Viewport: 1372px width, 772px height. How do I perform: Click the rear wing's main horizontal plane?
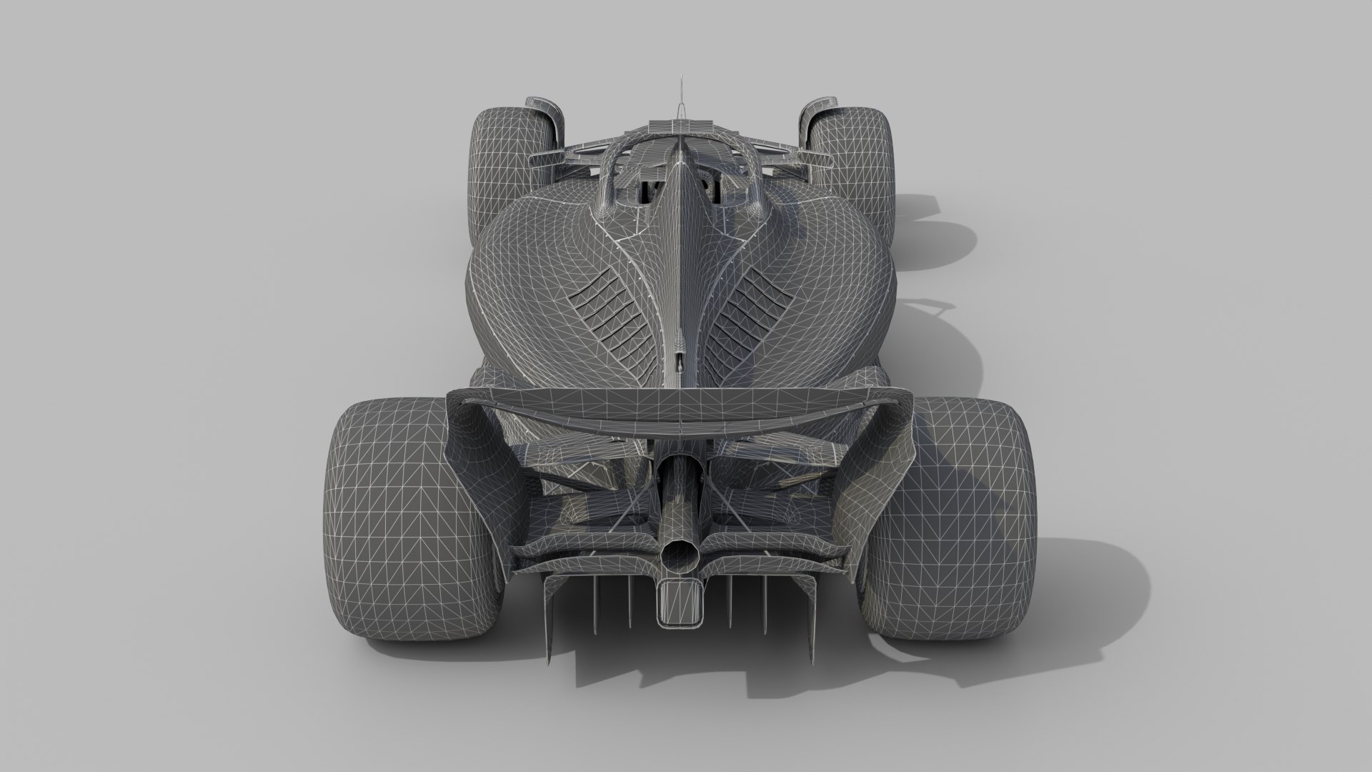click(679, 412)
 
